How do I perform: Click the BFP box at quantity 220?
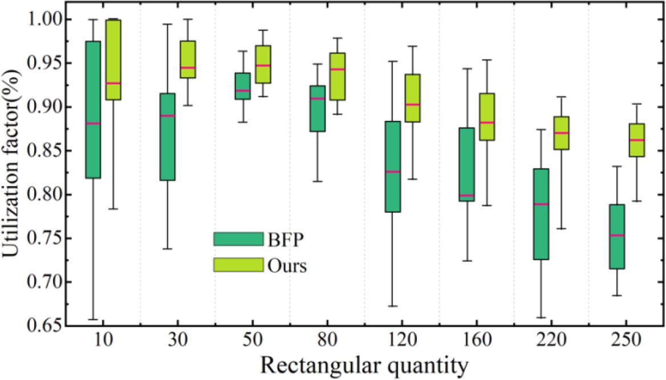[x=541, y=214]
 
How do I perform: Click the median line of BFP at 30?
[x=167, y=116]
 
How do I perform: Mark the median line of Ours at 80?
[x=338, y=69]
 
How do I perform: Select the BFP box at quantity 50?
[x=242, y=86]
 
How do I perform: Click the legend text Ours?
[x=286, y=265]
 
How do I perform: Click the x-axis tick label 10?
[x=103, y=341]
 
